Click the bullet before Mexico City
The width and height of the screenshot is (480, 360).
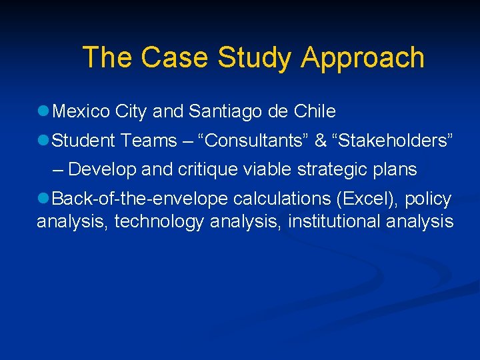[43, 111]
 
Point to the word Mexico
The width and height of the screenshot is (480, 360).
[81, 111]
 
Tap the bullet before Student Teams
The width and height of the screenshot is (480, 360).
[43, 141]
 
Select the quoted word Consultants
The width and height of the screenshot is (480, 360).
[258, 141]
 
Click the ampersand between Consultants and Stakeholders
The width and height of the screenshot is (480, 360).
[320, 141]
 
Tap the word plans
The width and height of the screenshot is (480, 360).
[397, 170]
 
